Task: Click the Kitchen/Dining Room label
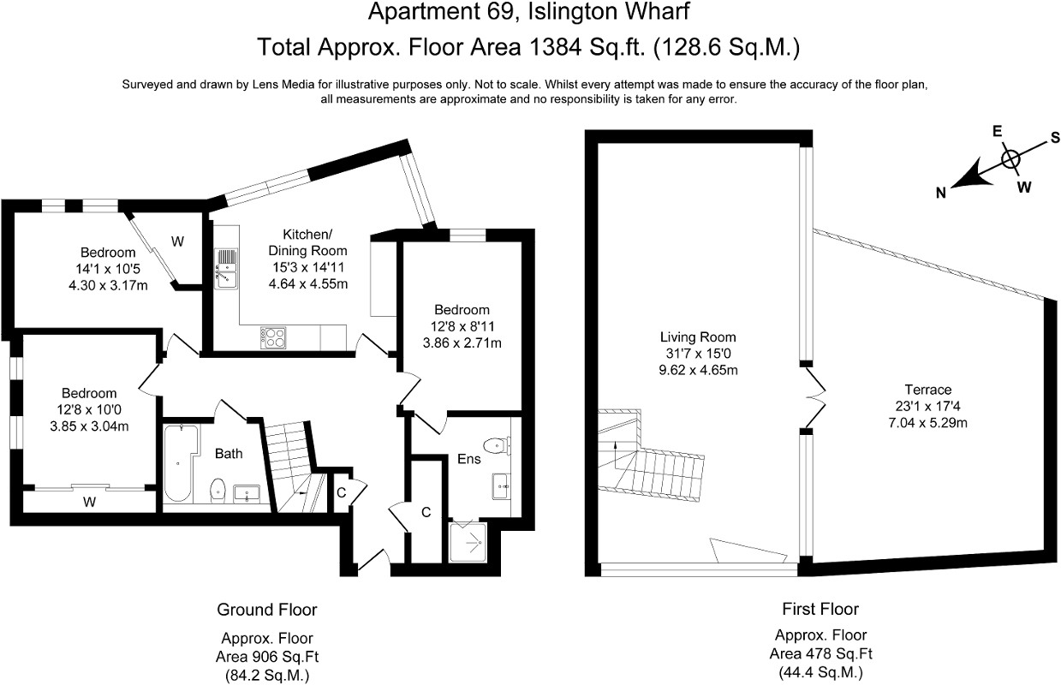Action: point(307,242)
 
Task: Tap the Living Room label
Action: point(698,337)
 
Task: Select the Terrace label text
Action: point(928,390)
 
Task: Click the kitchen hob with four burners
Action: point(273,337)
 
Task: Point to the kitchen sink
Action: point(226,269)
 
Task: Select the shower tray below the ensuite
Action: point(468,542)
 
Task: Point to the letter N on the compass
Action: point(941,193)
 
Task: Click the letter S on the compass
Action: point(1055,137)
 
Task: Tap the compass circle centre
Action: point(1010,158)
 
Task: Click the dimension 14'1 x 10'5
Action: point(108,269)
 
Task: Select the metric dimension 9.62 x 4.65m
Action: point(698,370)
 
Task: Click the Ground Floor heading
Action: point(267,609)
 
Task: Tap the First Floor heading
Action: point(820,609)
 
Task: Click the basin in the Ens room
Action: point(501,486)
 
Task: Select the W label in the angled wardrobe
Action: point(177,241)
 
